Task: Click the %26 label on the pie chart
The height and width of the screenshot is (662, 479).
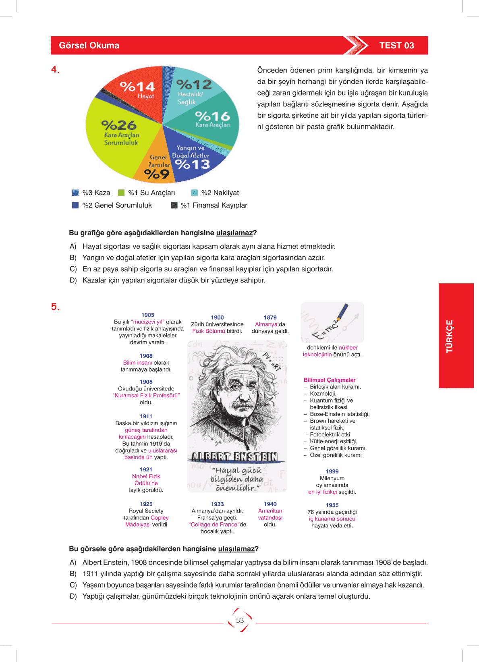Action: (x=119, y=125)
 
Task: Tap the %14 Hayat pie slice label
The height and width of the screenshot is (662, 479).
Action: (x=137, y=87)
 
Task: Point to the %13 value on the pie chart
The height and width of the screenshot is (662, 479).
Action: (x=193, y=164)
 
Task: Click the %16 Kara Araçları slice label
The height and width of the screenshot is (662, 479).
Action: (x=212, y=117)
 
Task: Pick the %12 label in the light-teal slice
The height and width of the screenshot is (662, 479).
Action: (x=194, y=85)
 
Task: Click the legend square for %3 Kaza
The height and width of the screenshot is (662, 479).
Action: (x=75, y=193)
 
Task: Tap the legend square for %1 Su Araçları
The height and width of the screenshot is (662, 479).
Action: (x=121, y=193)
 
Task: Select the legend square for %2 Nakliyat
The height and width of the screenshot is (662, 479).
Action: (x=195, y=193)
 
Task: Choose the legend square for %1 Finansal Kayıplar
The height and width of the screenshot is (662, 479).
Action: (x=174, y=205)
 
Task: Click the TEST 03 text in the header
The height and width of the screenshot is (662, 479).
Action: (x=396, y=46)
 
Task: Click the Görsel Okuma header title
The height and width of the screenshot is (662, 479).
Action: (x=89, y=46)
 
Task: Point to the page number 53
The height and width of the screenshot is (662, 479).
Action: (x=240, y=620)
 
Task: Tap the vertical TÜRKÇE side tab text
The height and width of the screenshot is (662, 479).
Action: (x=450, y=336)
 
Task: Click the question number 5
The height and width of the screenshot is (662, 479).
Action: (x=54, y=307)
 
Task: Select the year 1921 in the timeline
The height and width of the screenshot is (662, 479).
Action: (x=146, y=469)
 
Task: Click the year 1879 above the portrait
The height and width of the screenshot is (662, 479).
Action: (x=270, y=318)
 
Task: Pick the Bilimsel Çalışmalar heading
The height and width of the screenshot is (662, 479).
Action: (x=330, y=380)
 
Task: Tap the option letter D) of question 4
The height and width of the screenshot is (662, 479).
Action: (x=73, y=280)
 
